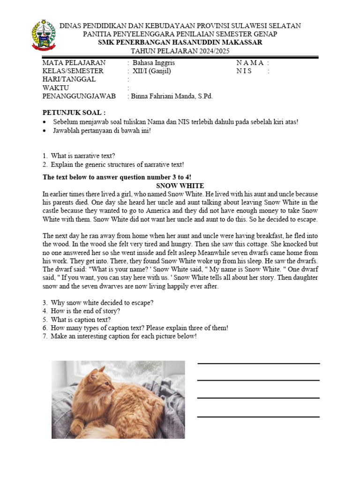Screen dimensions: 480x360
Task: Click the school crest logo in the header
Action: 43,35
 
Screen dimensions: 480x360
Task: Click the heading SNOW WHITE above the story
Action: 180,186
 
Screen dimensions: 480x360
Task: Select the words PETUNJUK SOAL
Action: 74,112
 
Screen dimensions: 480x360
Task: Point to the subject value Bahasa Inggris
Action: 154,63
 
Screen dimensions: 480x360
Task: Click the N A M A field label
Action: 251,63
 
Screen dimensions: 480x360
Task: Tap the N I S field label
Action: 244,71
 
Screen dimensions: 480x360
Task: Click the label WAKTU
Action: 56,88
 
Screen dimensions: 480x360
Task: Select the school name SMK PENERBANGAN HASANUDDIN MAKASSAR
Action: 180,42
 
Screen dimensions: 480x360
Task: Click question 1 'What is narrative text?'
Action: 83,156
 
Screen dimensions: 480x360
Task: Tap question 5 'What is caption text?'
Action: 81,320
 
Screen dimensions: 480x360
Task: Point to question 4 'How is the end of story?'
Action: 85,311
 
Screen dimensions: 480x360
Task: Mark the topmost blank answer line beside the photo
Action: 258,363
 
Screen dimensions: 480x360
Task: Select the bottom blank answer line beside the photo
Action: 258,416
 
